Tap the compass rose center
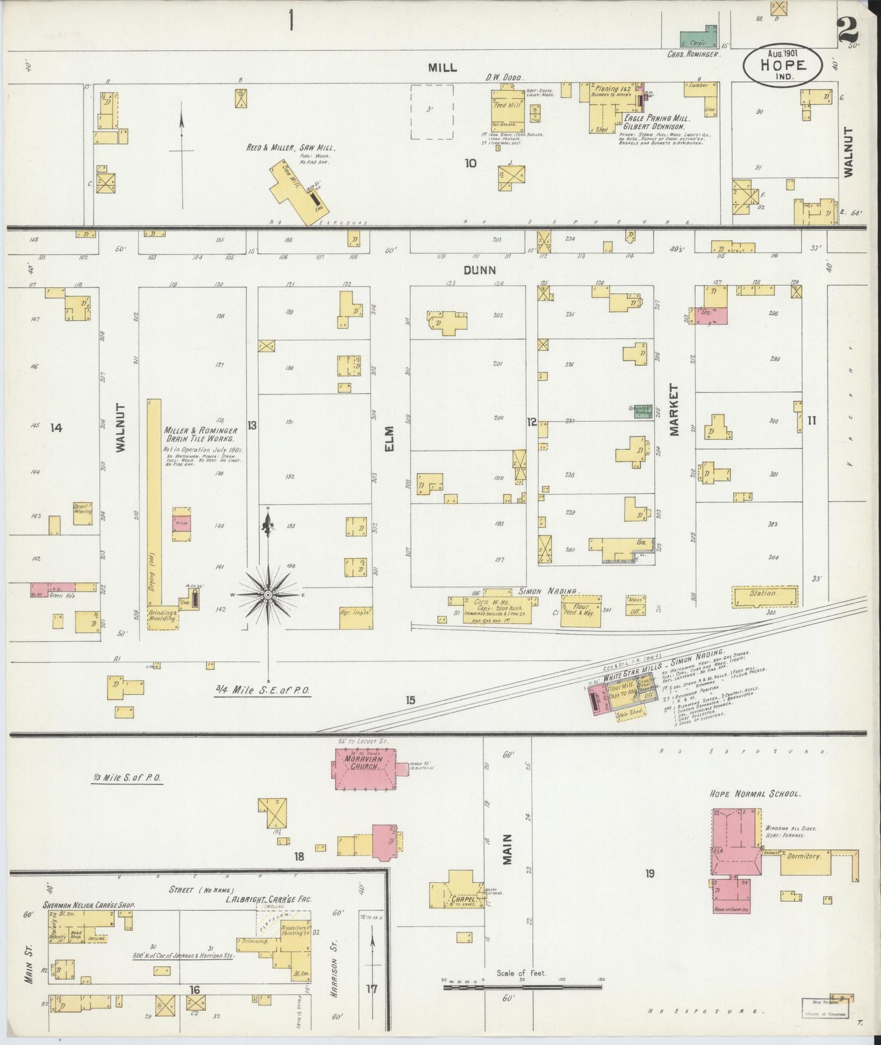(x=268, y=594)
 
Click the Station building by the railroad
(x=763, y=596)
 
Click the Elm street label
(x=390, y=438)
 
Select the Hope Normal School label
(x=755, y=794)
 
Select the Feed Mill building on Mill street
(x=508, y=110)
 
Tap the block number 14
(x=56, y=428)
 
